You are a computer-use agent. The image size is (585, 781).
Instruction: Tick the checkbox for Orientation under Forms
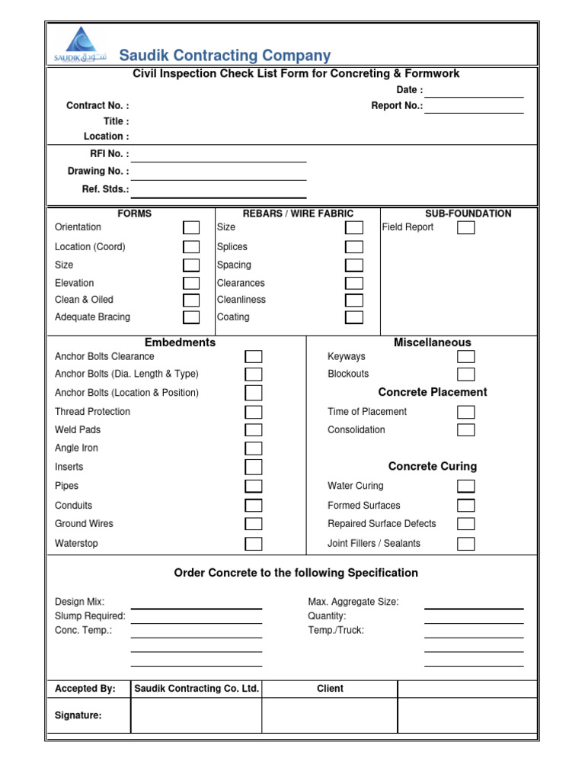[x=191, y=227]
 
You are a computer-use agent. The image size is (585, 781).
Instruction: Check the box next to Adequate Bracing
[x=191, y=317]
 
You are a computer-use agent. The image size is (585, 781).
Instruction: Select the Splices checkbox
[x=354, y=247]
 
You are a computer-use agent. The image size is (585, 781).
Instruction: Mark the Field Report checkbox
[x=465, y=227]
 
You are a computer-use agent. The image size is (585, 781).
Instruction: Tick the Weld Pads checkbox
[x=254, y=430]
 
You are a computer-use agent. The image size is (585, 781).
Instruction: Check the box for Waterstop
[x=254, y=544]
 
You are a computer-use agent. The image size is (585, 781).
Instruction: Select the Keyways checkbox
[x=465, y=357]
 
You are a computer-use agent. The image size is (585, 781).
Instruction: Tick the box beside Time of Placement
[x=465, y=412]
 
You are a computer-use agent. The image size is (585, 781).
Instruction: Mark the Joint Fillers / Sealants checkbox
[x=465, y=544]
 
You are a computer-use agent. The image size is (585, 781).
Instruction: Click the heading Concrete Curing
[x=433, y=466]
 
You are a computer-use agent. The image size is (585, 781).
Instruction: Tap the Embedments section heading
[x=180, y=342]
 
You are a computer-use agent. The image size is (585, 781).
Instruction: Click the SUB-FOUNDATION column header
[x=468, y=214]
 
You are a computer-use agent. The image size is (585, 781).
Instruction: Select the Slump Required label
[x=90, y=616]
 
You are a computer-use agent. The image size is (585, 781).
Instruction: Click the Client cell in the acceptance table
[x=330, y=689]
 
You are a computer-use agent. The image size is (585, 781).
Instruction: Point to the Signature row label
[x=78, y=715]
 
